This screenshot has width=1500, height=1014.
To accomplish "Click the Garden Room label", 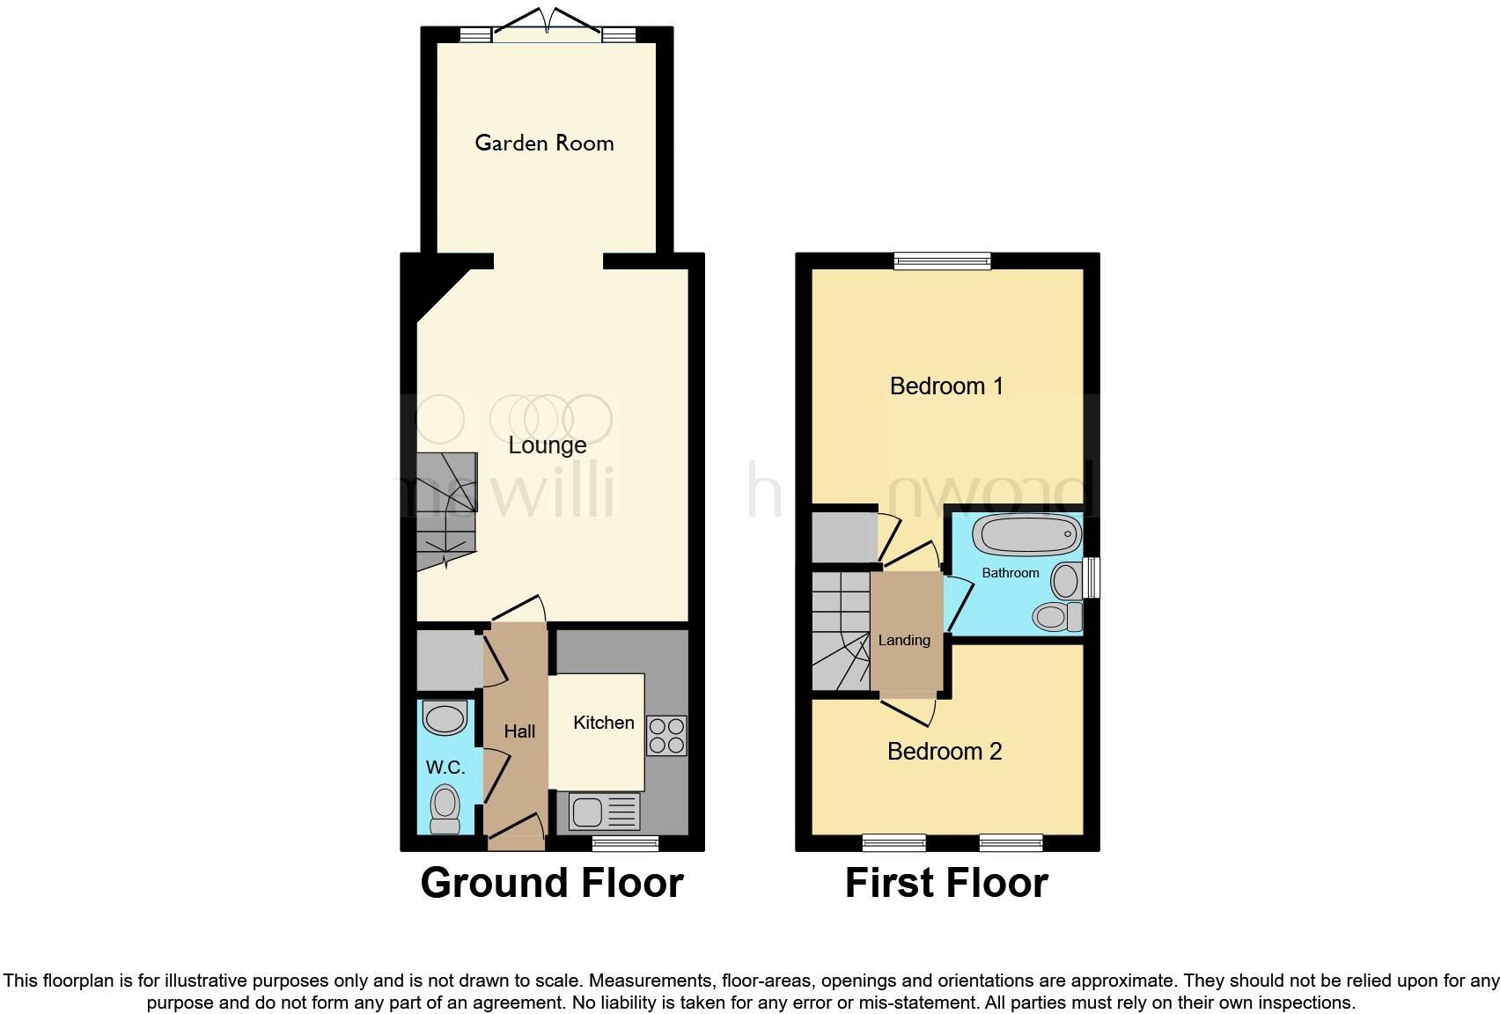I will click(544, 143).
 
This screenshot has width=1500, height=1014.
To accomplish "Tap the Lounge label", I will click(548, 445).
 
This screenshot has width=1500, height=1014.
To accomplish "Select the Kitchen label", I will click(604, 723).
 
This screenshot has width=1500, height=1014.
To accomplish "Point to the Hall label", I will click(519, 731).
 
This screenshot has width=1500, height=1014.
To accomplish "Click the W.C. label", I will click(445, 768).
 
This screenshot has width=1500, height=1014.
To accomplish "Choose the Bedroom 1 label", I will click(946, 386).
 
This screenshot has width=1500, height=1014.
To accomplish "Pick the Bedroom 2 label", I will click(945, 751).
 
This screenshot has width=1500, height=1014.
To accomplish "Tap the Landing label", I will click(904, 640).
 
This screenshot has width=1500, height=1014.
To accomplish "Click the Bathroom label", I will click(1011, 573).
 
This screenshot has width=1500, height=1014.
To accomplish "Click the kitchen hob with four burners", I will click(666, 736).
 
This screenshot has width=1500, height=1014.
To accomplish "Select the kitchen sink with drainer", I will click(604, 812).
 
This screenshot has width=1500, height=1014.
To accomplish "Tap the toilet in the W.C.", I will click(445, 808).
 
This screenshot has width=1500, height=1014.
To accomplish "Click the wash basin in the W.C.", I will click(445, 718).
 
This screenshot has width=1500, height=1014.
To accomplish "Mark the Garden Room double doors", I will click(548, 26).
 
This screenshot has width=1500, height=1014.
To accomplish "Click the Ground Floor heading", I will click(552, 883).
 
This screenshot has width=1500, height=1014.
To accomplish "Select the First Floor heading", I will click(946, 883).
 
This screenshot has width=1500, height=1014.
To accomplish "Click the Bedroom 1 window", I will click(942, 261).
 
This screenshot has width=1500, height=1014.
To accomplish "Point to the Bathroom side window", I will click(1092, 578).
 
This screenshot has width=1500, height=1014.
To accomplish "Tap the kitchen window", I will click(625, 844).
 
